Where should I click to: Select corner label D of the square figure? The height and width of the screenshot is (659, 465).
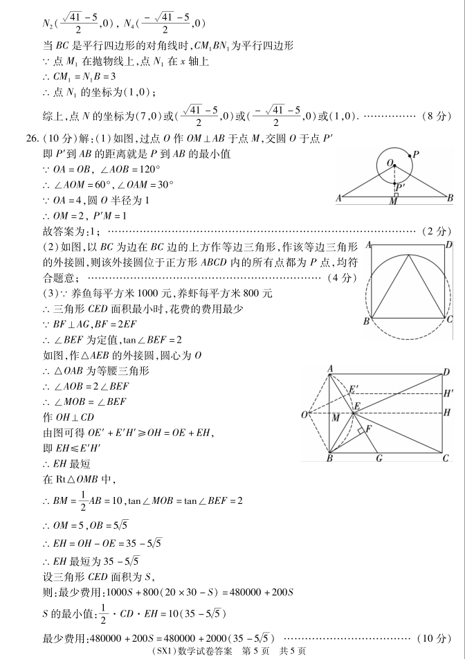pyautogui.click(x=448, y=244)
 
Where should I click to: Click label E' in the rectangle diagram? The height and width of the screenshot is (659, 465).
pyautogui.click(x=354, y=388)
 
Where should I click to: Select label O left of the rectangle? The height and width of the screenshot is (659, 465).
pyautogui.click(x=304, y=415)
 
